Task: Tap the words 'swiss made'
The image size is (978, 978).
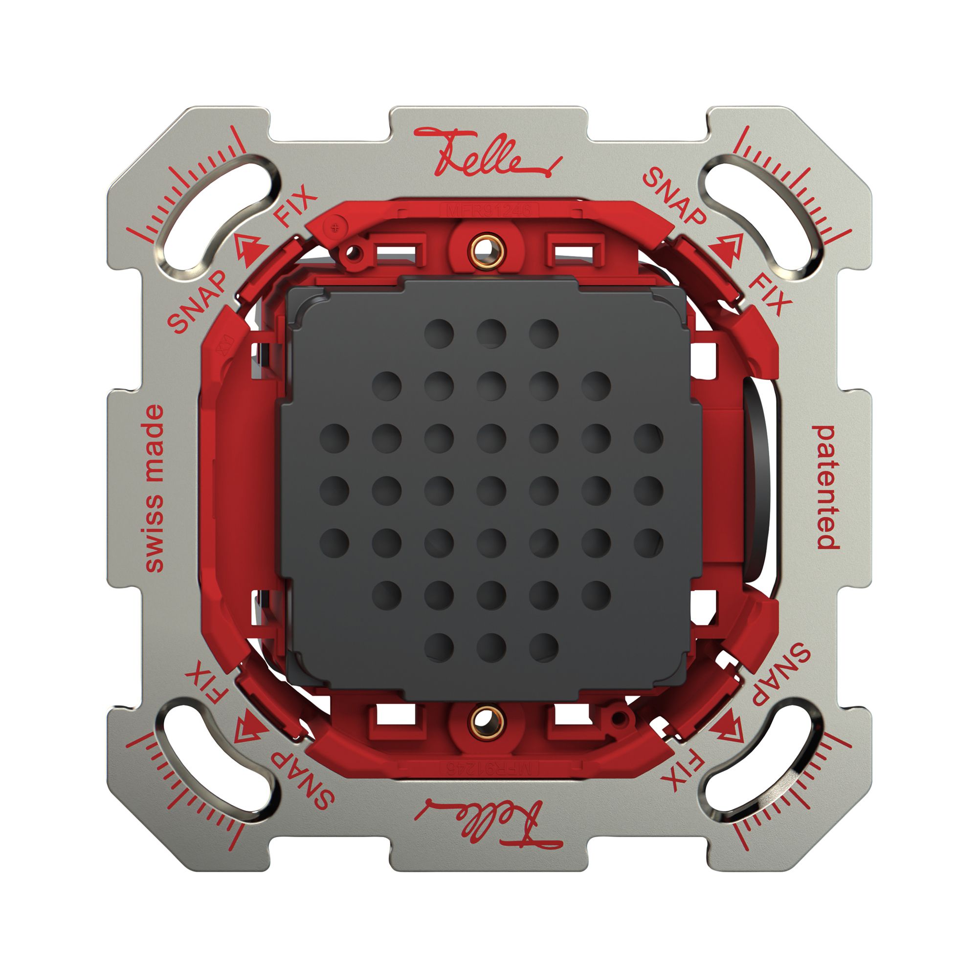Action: point(155,489)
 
